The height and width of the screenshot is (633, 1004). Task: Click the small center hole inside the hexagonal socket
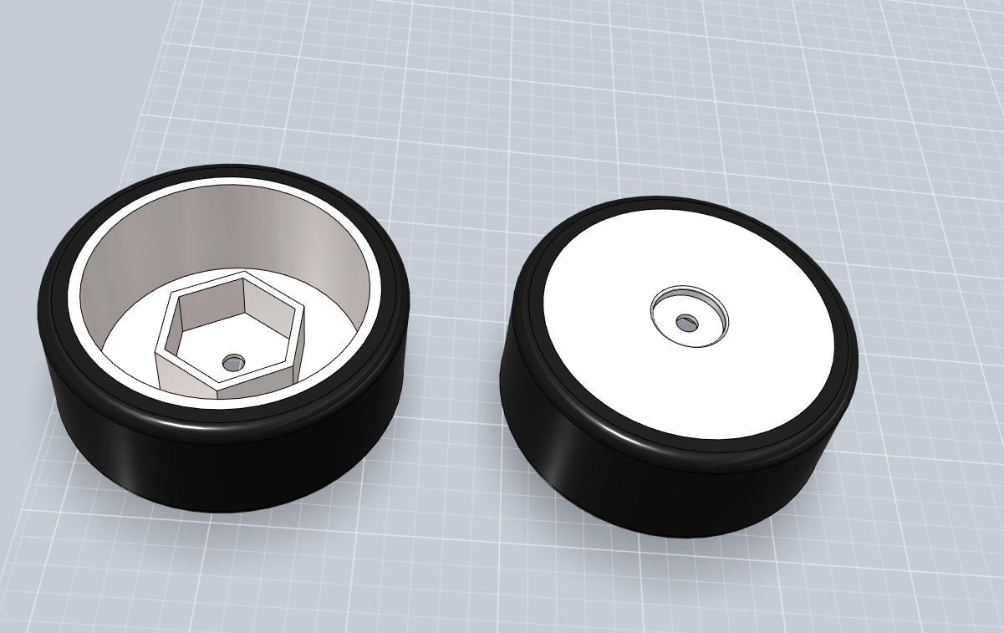pos(233,363)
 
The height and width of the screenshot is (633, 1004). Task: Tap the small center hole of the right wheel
pos(686,321)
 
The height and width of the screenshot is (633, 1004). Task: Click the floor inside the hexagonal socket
pos(209,355)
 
